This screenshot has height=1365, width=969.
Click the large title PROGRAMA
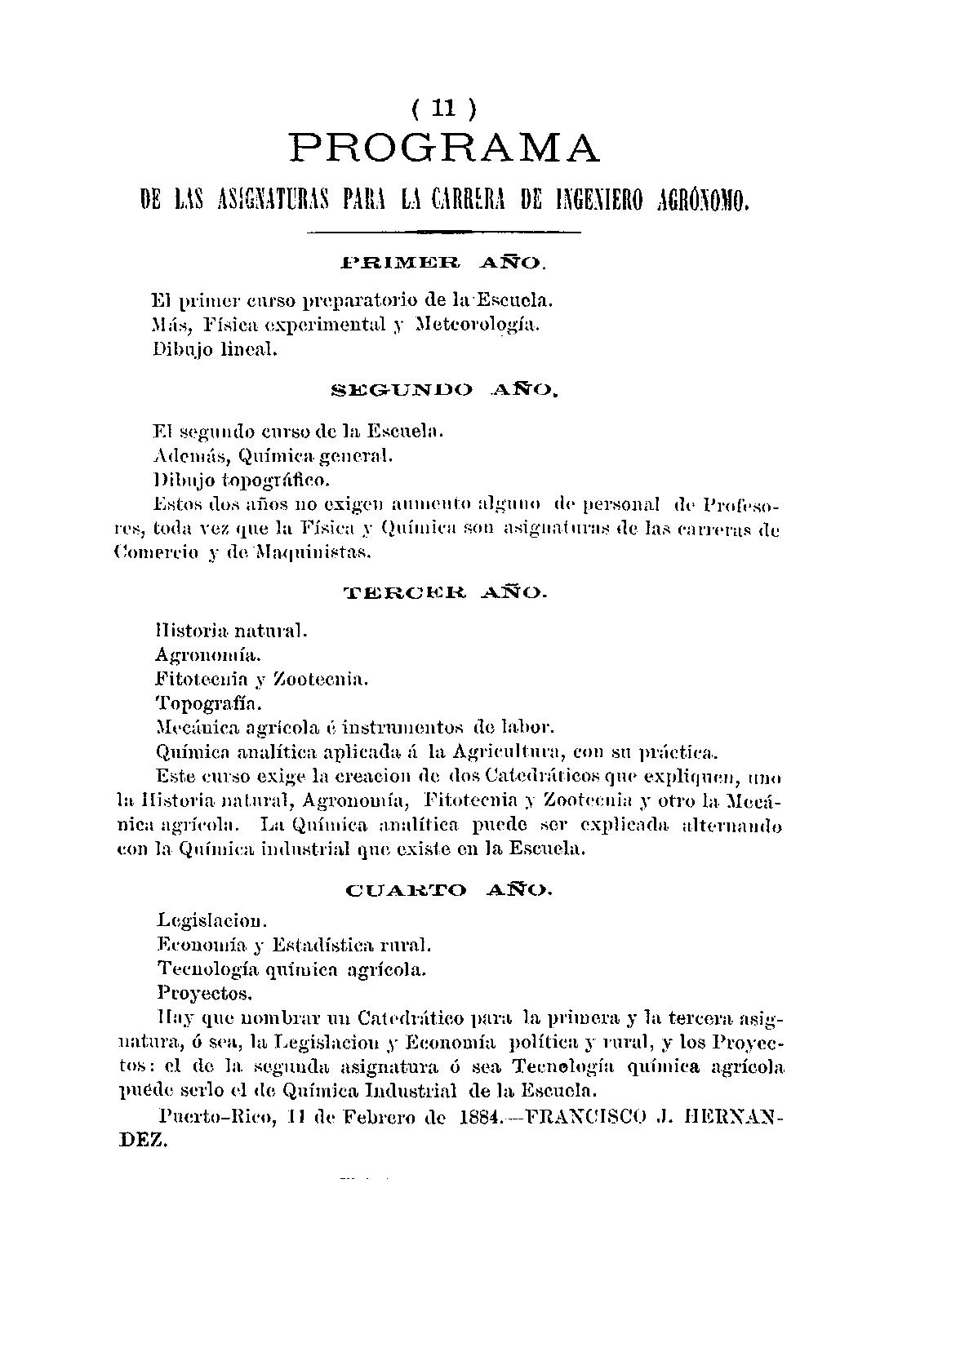pyautogui.click(x=445, y=148)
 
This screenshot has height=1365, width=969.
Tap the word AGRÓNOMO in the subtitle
pyautogui.click(x=703, y=199)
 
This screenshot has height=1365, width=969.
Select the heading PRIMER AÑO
pyautogui.click(x=442, y=263)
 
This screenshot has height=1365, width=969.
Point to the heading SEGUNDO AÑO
pyautogui.click(x=444, y=391)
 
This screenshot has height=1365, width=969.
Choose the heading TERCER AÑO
pyautogui.click(x=445, y=593)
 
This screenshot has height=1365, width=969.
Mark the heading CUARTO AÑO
pyautogui.click(x=450, y=889)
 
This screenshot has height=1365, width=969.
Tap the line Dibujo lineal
pyautogui.click(x=216, y=350)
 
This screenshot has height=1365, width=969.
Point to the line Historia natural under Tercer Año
pyautogui.click(x=231, y=630)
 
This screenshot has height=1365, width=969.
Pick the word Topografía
pyautogui.click(x=209, y=702)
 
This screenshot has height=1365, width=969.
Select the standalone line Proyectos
pyautogui.click(x=205, y=994)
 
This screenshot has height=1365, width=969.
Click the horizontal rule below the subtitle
pyautogui.click(x=442, y=233)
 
